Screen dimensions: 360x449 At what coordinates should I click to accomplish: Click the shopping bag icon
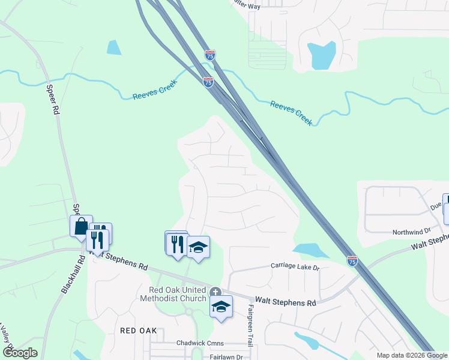(81, 227)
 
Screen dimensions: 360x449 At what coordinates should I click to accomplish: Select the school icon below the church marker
(221, 307)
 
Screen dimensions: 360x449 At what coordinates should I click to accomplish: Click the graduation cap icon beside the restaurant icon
(198, 247)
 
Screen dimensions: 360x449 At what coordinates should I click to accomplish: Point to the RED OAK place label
(138, 331)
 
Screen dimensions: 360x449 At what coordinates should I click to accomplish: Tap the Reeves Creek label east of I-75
(291, 112)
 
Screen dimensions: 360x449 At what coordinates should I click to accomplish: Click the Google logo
(20, 353)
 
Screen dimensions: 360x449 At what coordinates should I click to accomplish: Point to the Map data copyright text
(412, 355)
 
